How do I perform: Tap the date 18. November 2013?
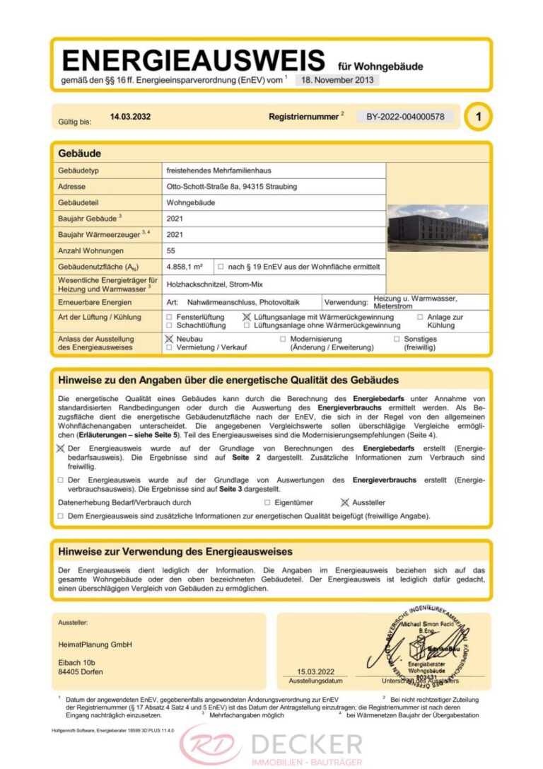337,80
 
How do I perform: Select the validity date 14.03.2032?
130,117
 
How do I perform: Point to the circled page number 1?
478,117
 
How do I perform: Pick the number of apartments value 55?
171,250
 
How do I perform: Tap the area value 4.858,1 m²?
185,267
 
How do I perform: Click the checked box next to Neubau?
169,340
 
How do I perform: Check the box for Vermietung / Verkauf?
169,348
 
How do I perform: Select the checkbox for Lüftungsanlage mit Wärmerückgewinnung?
247,318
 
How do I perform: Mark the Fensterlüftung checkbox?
169,318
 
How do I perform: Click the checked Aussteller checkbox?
345,502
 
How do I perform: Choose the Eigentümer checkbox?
267,502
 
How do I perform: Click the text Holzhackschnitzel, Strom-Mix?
214,284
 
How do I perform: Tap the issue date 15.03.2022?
315,671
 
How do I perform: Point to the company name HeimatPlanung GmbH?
95,644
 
